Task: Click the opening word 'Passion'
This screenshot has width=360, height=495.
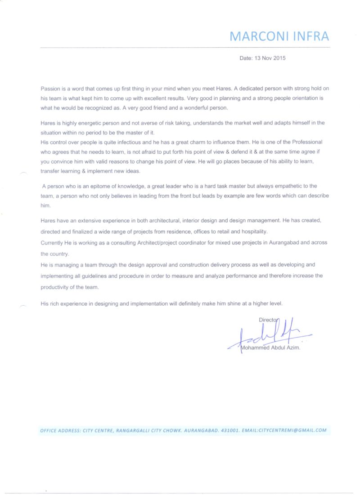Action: click(50, 89)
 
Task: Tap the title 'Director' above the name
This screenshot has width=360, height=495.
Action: click(268, 320)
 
